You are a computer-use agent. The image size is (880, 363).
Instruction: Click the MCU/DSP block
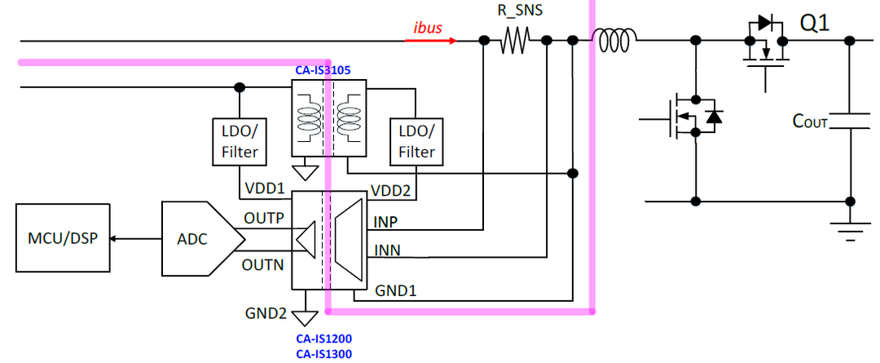62,238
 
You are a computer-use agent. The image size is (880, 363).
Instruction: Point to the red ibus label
427,28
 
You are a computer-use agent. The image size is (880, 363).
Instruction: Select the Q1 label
814,24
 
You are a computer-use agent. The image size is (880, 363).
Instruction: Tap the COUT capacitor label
810,122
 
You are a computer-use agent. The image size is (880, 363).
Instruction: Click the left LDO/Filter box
240,141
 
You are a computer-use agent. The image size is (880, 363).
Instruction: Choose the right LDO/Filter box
416,141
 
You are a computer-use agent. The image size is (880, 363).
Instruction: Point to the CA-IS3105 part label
323,71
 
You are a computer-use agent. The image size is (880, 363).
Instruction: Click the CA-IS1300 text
323,352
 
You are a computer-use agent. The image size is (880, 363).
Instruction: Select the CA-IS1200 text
323,338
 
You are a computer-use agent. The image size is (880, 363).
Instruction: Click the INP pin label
386,221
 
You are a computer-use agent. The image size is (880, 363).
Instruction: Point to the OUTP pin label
265,219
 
